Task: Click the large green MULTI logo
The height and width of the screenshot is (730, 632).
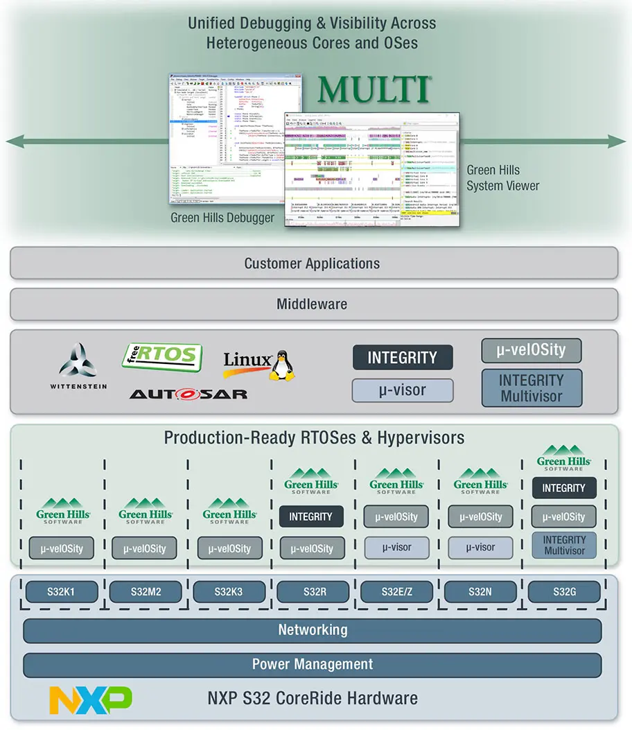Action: [x=374, y=90]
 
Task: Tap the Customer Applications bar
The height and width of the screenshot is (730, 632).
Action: [x=313, y=263]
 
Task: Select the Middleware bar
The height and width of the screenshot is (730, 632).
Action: [x=313, y=304]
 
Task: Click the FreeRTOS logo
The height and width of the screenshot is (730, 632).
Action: [x=161, y=357]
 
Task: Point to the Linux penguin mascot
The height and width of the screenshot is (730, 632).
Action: [x=281, y=365]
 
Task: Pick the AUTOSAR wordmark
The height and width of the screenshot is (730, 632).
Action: [x=188, y=394]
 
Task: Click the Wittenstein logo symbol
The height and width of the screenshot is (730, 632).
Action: [x=78, y=360]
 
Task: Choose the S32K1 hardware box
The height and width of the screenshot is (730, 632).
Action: [x=62, y=592]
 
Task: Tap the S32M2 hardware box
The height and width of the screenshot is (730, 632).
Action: [x=146, y=592]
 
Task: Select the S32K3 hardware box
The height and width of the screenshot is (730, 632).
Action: [x=229, y=592]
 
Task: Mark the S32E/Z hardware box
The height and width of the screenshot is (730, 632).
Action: [x=396, y=592]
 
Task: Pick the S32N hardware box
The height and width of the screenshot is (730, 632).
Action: [x=480, y=592]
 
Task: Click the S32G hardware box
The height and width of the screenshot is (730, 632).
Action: [x=563, y=592]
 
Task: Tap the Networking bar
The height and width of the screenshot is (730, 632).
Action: [x=313, y=630]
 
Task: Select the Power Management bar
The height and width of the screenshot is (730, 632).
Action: [x=313, y=664]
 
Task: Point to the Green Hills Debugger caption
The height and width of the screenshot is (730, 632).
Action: [x=222, y=218]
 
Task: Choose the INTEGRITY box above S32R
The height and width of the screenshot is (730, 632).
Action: [x=310, y=516]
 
